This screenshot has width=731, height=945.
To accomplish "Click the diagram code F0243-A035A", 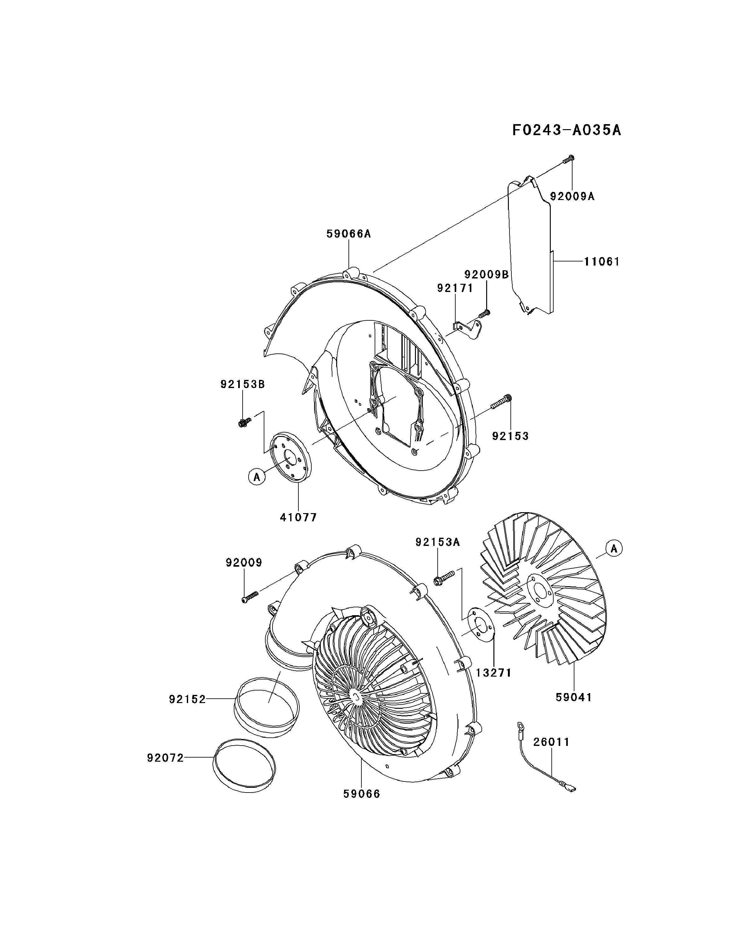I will [x=566, y=130].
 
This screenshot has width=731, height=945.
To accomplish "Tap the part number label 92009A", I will [x=572, y=197].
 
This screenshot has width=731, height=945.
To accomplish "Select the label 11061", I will [x=601, y=261].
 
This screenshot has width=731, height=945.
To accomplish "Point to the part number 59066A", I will [x=348, y=234].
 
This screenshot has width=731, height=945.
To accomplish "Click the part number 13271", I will [x=493, y=673].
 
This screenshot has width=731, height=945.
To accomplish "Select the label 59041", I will [x=574, y=697].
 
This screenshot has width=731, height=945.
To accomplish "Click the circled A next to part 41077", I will [x=257, y=477].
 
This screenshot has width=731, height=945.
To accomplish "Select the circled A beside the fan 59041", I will [x=614, y=549].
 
